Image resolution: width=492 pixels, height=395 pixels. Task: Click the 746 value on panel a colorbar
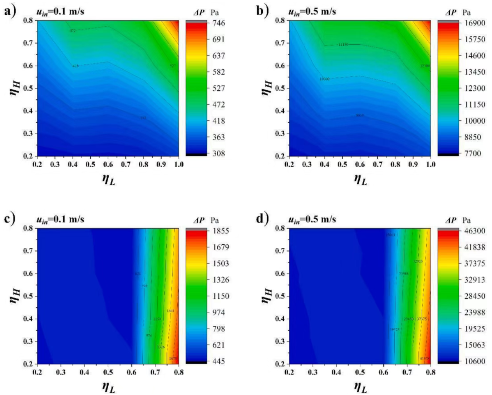click(219, 23)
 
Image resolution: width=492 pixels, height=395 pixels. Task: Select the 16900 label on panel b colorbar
click(475, 23)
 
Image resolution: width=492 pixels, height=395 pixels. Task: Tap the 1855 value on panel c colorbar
click(221, 231)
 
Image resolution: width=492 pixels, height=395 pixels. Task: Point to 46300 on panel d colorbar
click(475, 231)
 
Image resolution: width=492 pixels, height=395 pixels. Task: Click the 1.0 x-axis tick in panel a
click(179, 164)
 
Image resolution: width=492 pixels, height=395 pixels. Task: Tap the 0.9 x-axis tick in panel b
click(413, 164)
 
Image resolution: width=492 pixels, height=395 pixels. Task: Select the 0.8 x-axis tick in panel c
click(179, 372)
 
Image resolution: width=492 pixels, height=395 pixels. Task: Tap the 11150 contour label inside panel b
click(343, 45)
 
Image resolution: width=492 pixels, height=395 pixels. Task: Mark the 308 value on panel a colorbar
click(219, 154)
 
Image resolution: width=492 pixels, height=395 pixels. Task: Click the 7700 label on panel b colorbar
click(473, 154)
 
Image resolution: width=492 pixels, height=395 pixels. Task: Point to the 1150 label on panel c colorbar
click(221, 296)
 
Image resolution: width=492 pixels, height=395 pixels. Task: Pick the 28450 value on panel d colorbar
click(475, 296)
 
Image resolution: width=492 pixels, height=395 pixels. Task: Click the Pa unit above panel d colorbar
click(467, 220)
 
